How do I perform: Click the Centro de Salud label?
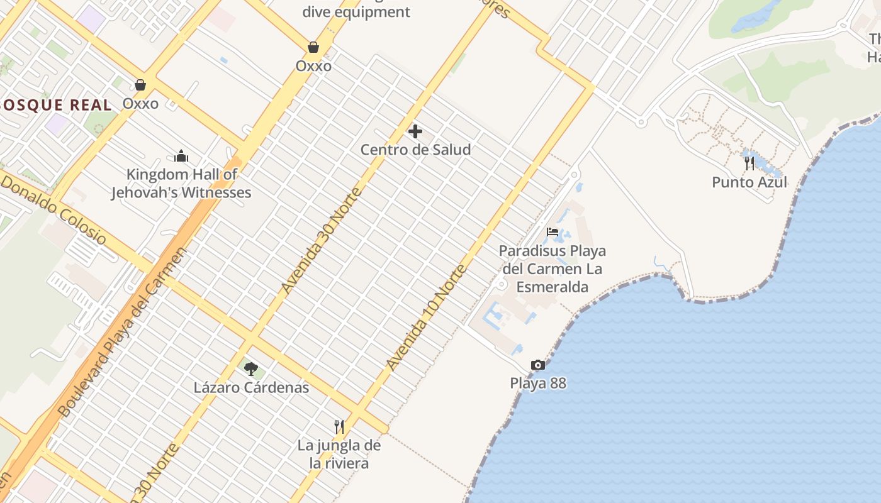coord(415,150)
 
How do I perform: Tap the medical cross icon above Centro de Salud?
coord(415,131)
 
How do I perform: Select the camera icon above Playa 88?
coord(537,365)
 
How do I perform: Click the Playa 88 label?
coord(538,383)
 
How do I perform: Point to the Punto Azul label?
coord(749,182)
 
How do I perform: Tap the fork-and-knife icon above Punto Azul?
coord(749,163)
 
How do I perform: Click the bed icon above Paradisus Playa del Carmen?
coord(553,232)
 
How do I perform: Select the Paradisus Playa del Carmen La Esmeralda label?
coord(553,269)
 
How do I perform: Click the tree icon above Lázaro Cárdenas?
coord(251,368)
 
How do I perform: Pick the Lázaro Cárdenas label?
coord(251,387)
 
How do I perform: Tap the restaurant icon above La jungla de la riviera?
coord(339,427)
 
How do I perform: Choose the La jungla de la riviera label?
coord(339,455)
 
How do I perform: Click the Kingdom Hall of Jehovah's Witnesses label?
coord(181,184)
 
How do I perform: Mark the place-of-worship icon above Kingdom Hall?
coord(181,156)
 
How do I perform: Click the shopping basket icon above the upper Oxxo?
coord(313,47)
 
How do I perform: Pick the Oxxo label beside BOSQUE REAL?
coord(140,103)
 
